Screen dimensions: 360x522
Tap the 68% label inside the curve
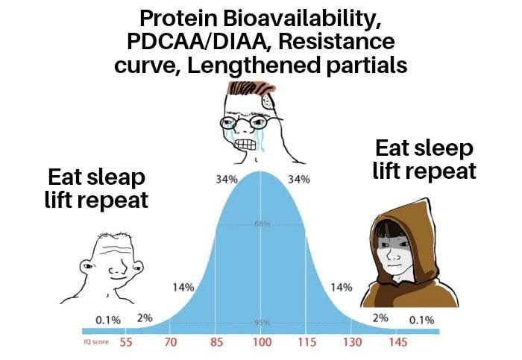[x=260, y=224]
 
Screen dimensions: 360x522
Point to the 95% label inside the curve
[x=260, y=322]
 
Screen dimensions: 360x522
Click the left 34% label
[x=227, y=180]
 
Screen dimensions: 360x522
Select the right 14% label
[x=341, y=286]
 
